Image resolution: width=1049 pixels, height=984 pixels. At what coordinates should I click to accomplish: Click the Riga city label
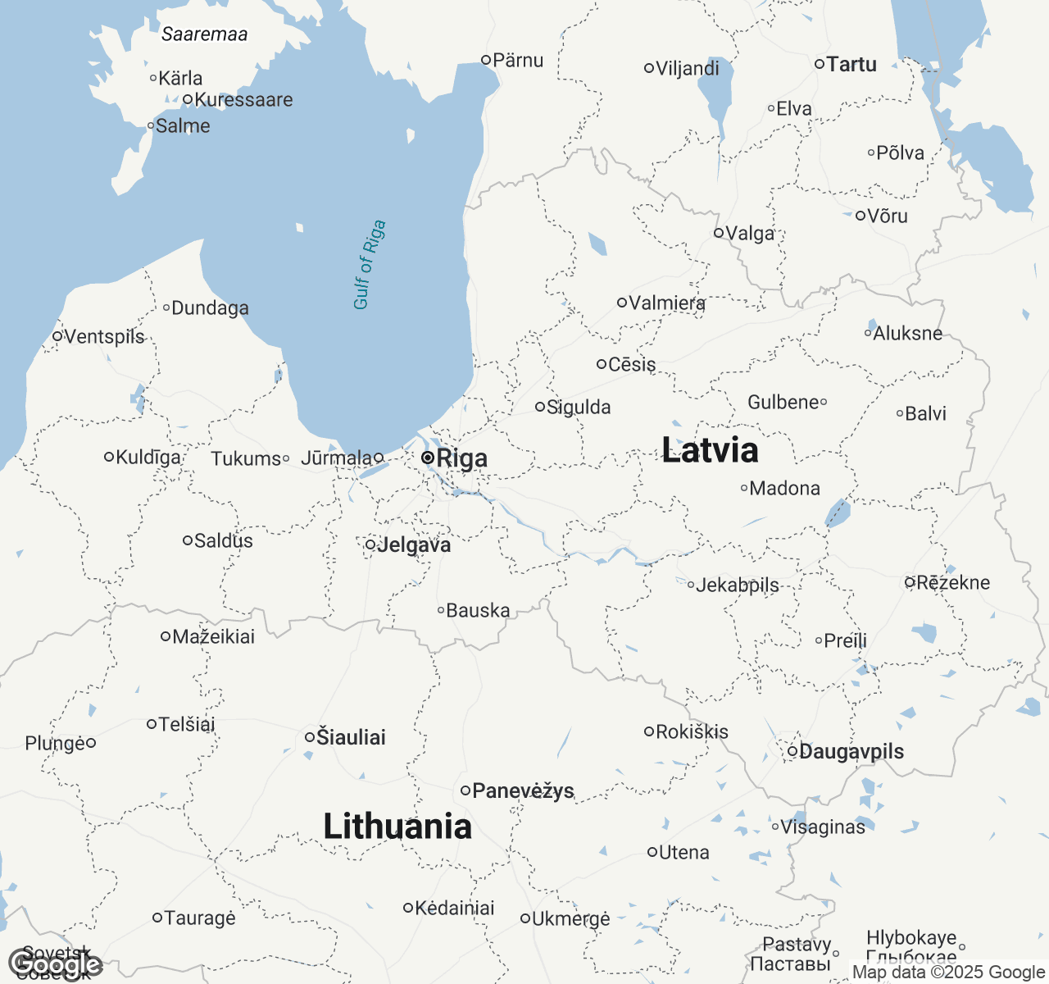tap(462, 458)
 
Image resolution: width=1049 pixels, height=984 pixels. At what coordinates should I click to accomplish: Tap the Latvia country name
tap(710, 450)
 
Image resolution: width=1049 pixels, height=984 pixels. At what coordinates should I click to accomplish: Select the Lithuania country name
tap(397, 827)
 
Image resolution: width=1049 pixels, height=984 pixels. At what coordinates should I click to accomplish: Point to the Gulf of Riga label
tap(369, 265)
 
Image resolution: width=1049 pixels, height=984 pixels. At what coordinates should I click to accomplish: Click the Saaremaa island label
tap(204, 34)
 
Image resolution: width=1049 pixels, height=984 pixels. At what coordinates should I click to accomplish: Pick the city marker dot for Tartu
tap(819, 64)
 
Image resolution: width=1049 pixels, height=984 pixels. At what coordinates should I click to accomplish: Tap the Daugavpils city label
tap(851, 751)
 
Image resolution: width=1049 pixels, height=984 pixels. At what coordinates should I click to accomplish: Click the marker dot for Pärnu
tap(486, 60)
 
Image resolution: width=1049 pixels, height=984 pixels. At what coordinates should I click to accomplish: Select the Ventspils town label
tap(104, 336)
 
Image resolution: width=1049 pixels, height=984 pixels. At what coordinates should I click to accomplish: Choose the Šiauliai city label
tap(351, 737)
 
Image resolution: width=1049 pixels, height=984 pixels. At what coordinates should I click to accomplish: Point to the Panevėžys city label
tap(523, 790)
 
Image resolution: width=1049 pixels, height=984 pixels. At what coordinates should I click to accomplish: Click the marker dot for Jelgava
tap(370, 544)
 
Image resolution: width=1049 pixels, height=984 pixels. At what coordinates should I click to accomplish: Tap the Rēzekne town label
tap(953, 582)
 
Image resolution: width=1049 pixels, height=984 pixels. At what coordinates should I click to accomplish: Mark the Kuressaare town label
tap(243, 100)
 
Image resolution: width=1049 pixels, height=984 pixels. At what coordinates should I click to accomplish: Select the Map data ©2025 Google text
tap(948, 973)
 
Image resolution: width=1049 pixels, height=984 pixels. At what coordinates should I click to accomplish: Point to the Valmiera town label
tap(667, 303)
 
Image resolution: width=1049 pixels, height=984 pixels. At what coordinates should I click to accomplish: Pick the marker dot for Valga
tap(719, 233)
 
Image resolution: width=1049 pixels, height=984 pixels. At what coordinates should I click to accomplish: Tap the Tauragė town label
tap(200, 918)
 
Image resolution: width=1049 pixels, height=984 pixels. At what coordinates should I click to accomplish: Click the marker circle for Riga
tap(428, 458)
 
